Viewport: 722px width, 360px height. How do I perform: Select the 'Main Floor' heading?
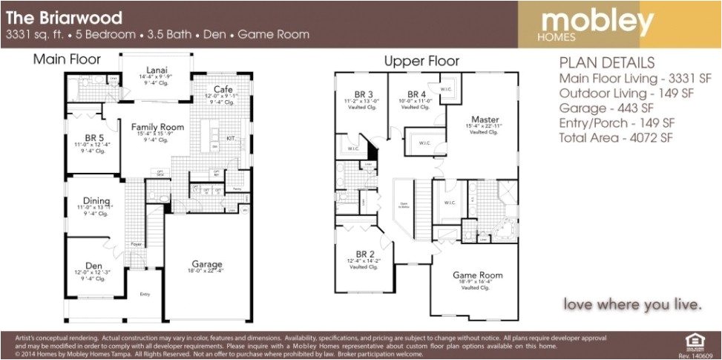[67, 59]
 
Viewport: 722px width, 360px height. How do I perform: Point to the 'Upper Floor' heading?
[421, 61]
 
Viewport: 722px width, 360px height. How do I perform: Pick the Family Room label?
[157, 128]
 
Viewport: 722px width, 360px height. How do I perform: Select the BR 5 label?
[94, 138]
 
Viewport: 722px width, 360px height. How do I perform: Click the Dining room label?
[97, 201]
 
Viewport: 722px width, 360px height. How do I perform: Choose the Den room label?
[93, 266]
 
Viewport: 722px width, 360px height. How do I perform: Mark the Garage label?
[207, 264]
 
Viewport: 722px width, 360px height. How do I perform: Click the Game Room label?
[477, 275]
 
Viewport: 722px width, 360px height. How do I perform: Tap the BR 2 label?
[364, 254]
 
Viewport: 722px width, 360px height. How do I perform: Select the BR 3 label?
[363, 95]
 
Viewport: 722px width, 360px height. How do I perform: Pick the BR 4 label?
[415, 95]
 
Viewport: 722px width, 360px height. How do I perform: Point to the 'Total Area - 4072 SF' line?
[616, 137]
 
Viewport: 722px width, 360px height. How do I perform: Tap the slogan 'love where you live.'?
[632, 304]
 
